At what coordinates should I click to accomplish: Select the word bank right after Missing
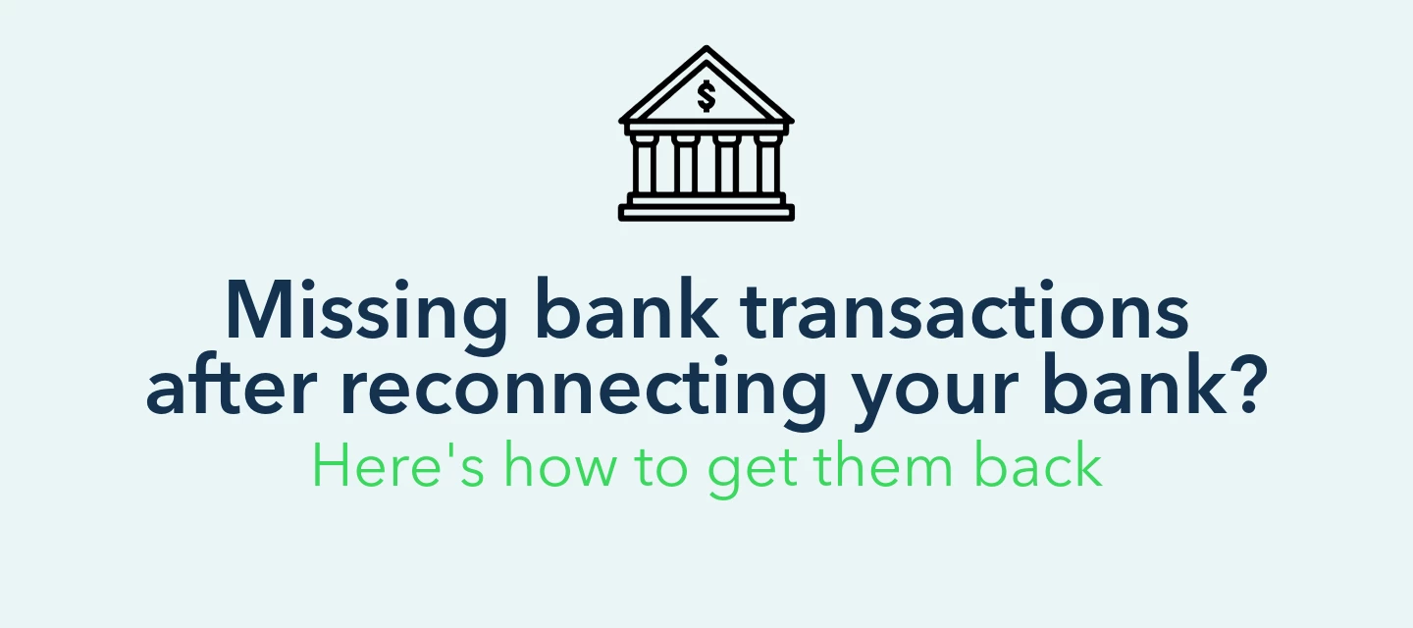[x=630, y=309]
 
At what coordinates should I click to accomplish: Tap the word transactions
[x=965, y=310]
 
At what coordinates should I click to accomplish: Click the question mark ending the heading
[x=1247, y=384]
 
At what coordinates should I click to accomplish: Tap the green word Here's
[x=398, y=465]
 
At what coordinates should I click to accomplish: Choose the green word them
[x=882, y=465]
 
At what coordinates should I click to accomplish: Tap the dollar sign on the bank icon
[x=706, y=96]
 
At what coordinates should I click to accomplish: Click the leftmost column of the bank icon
[x=644, y=163]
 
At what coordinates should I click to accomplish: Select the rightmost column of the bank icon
[x=768, y=163]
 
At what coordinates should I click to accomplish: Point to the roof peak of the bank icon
[x=706, y=48]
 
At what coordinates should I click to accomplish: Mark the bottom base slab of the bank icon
[x=706, y=213]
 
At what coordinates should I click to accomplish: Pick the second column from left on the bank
[x=685, y=163]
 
